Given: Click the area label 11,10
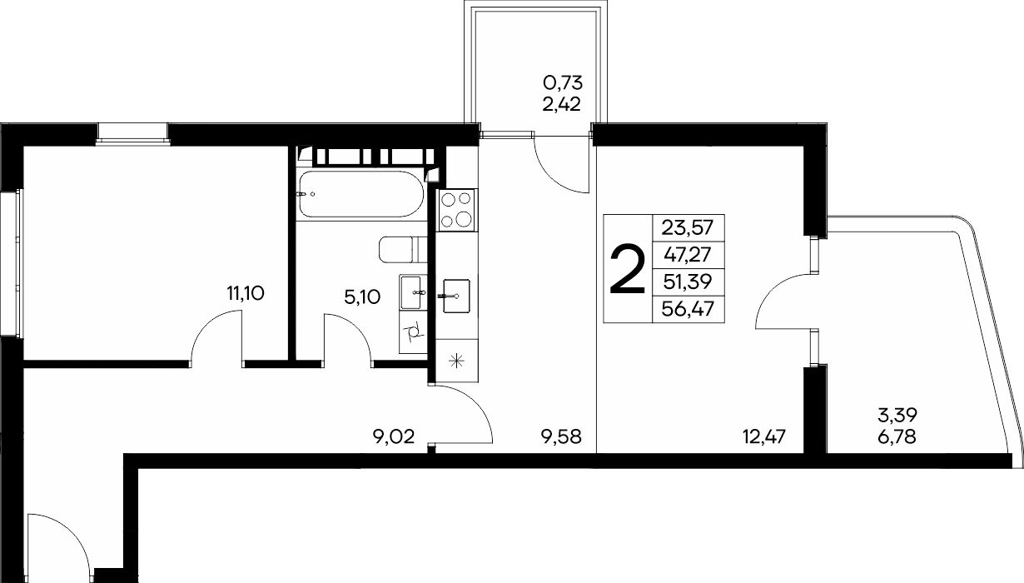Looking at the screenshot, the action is click(x=246, y=293).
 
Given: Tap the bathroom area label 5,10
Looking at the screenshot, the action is click(x=362, y=297).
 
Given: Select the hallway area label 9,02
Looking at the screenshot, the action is click(x=394, y=436).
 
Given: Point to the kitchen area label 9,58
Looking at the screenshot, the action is click(x=561, y=436).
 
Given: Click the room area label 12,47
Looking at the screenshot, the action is click(x=764, y=436).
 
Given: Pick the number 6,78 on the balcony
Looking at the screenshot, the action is click(x=897, y=437).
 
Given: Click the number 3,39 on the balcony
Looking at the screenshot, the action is click(x=897, y=416).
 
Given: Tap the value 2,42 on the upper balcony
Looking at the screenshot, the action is click(x=561, y=105).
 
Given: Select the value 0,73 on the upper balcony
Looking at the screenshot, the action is click(x=563, y=82).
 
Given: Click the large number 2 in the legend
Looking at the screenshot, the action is click(x=627, y=269).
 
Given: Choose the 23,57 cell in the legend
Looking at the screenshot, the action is click(x=688, y=227).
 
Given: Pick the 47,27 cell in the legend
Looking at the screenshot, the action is click(x=688, y=255).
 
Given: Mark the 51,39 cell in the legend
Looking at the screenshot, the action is click(x=688, y=282).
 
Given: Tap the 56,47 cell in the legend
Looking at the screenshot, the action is click(x=688, y=310).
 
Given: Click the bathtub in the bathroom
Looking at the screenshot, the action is click(x=361, y=194).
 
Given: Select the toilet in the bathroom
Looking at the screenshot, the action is click(x=403, y=250).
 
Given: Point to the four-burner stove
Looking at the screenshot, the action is click(x=456, y=210).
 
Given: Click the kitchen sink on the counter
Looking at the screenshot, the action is click(x=456, y=296).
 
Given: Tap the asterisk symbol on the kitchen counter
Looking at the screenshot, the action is click(x=457, y=361).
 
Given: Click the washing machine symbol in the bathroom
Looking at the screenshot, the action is click(x=413, y=332).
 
